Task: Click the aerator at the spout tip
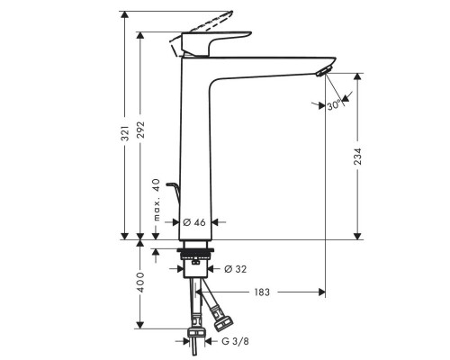(323, 71)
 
